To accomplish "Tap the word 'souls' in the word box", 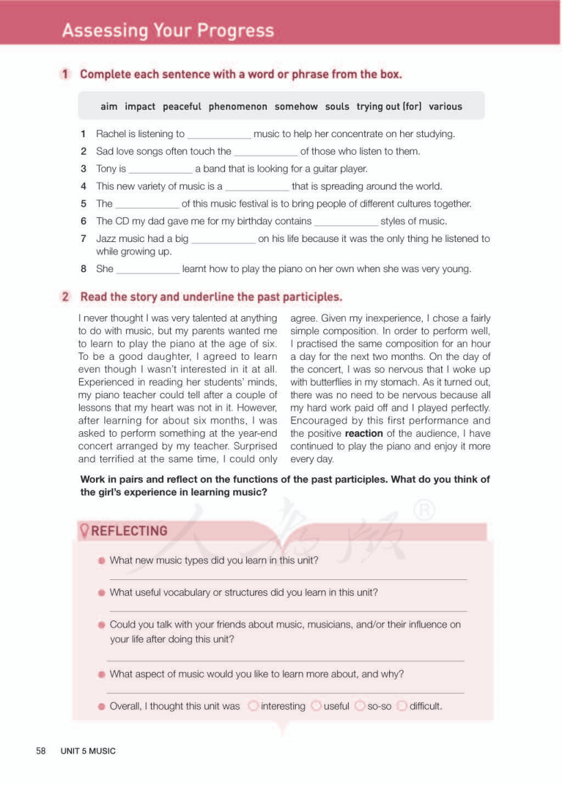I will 337,106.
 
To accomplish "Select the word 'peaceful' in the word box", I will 182,106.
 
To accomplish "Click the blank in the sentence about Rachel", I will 219,135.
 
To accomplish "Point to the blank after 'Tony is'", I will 161,169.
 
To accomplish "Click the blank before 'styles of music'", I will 346,221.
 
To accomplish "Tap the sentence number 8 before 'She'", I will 83,269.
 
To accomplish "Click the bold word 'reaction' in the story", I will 364,433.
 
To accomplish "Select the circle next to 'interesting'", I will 253,705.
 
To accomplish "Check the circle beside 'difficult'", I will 402,705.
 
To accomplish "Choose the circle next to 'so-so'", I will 360,705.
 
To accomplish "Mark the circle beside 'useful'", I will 316,705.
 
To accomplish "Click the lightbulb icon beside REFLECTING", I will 85,531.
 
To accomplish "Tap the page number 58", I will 41,751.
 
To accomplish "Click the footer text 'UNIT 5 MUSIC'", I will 88,751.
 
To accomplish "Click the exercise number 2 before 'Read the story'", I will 66,297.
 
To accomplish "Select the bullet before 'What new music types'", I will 102,560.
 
